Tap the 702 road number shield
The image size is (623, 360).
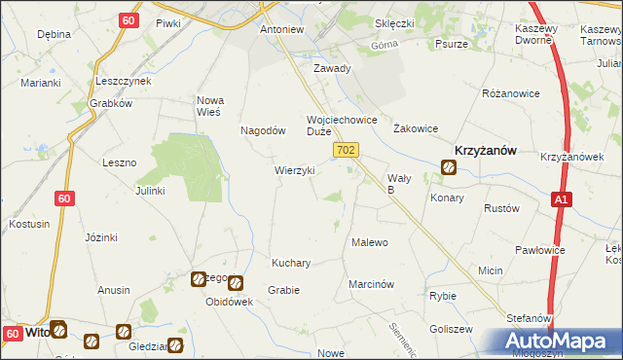coord(348,150)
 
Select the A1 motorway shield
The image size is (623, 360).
coord(560,198)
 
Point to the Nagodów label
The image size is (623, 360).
coord(263,129)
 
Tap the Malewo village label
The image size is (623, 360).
coord(370,242)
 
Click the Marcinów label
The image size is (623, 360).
coord(371,284)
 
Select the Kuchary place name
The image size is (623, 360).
coord(291,263)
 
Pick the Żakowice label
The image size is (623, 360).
coord(415,127)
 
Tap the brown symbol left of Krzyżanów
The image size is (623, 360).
coord(448,167)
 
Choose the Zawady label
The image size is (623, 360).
coord(331,69)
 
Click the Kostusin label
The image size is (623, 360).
coord(29,224)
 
